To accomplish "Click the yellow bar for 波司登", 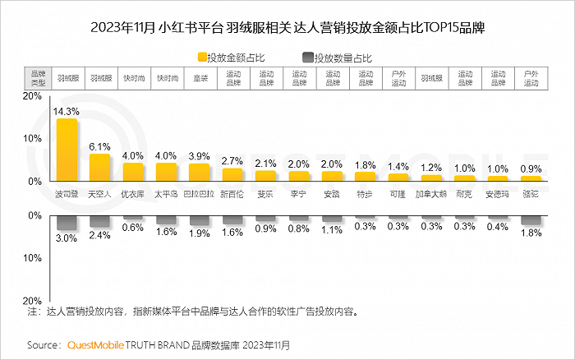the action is click(67, 150).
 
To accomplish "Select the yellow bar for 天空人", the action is click(99, 168).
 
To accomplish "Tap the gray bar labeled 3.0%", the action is click(67, 223).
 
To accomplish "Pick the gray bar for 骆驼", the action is click(531, 220).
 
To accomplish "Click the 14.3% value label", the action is click(66, 112).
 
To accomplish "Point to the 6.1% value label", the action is click(99, 147).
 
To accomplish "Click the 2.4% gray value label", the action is click(99, 235).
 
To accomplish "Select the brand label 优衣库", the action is click(133, 194).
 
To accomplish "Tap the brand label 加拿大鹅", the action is click(431, 194).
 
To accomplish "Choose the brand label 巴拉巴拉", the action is click(199, 194).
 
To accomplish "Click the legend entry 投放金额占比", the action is click(231, 58).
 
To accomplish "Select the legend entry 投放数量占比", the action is click(338, 58).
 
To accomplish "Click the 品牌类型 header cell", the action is click(38, 78).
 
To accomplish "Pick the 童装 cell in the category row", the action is click(200, 78).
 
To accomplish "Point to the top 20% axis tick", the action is click(32, 96).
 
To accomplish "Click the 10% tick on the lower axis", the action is click(32, 258).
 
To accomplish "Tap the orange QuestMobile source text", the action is click(96, 345).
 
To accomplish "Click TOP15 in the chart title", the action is click(437, 28).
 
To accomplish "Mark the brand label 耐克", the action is click(464, 194).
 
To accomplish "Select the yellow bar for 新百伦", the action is click(232, 175).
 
